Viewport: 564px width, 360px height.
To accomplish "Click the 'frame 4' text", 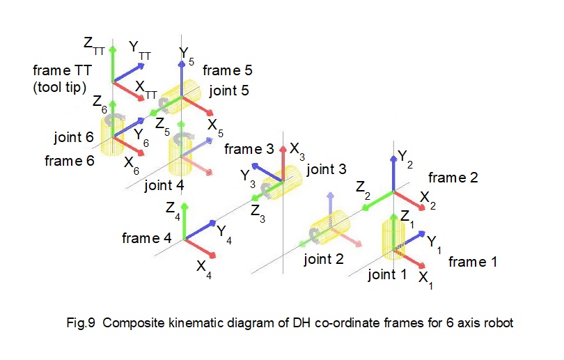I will (146, 238).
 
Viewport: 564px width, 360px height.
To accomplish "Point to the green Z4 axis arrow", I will (184, 221).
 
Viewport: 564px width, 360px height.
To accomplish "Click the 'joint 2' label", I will (324, 259).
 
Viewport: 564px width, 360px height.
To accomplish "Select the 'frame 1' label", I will (473, 262).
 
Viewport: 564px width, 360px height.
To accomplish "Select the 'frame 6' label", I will (69, 161).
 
